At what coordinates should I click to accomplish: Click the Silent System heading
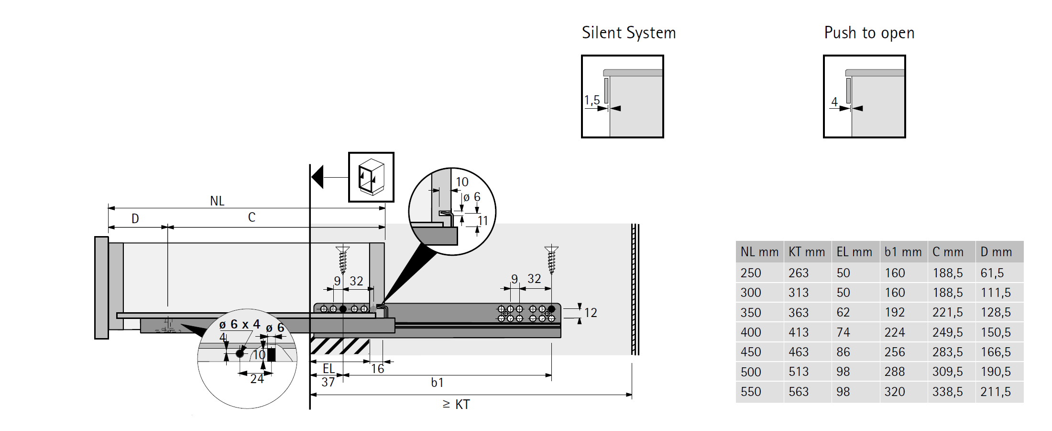click(628, 33)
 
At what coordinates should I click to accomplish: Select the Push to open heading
click(869, 33)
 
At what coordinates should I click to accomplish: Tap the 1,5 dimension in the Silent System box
click(592, 101)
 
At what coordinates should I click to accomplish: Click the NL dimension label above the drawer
click(217, 201)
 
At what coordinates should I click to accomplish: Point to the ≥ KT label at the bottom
click(457, 405)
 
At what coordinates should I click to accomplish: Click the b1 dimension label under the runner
click(437, 383)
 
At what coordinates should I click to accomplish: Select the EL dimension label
click(329, 368)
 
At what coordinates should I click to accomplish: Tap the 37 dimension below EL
click(328, 382)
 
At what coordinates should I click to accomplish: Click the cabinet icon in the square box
click(371, 177)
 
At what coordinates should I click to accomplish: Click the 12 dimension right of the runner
click(591, 313)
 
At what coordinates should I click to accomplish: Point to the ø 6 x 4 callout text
click(240, 324)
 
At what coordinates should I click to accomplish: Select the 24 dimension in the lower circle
click(257, 379)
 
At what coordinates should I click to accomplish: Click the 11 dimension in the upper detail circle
click(483, 221)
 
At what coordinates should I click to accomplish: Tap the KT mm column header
click(807, 252)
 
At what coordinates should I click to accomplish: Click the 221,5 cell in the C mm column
click(948, 312)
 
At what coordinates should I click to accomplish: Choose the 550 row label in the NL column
click(751, 392)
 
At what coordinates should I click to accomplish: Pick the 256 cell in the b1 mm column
click(895, 352)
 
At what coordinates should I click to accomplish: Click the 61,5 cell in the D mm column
click(992, 273)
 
